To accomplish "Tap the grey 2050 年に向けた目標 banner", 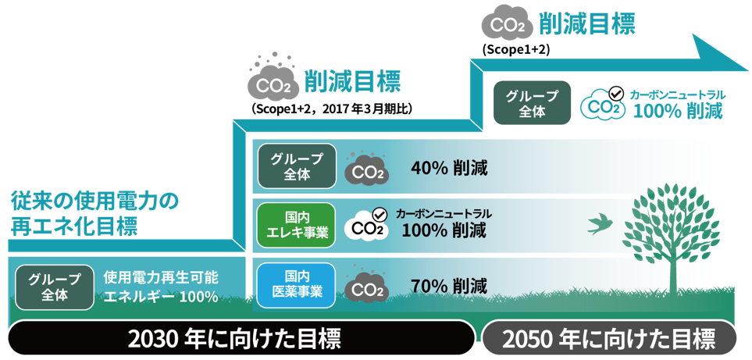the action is pos(608,337).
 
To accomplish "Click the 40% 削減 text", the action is pos(449,169).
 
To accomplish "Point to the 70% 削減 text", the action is pos(449,286).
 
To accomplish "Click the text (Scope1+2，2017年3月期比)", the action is pos(331,109).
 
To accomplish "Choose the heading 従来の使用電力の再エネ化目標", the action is pos(94,214).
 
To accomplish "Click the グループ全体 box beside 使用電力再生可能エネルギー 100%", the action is pos(54,287).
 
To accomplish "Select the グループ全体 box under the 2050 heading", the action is pos(532,102).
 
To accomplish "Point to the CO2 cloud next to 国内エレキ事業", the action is pos(367,224).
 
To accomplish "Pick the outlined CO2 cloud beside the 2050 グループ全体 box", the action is pos(604,104).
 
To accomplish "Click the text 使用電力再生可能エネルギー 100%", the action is pos(161,287).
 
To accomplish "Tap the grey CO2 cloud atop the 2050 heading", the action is pos(507,25).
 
